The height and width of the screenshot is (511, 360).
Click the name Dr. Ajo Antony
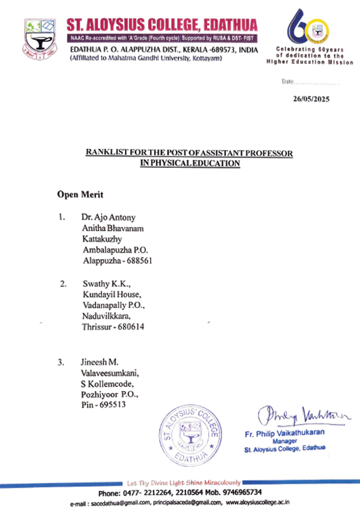[108, 217]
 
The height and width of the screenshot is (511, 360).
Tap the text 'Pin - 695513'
[105, 404]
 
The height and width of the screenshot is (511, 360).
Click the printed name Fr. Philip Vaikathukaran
[285, 433]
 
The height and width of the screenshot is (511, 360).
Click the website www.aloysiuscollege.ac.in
[257, 502]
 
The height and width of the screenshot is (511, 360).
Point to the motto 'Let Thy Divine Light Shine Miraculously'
[183, 482]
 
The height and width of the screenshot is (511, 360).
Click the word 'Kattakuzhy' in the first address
[102, 239]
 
